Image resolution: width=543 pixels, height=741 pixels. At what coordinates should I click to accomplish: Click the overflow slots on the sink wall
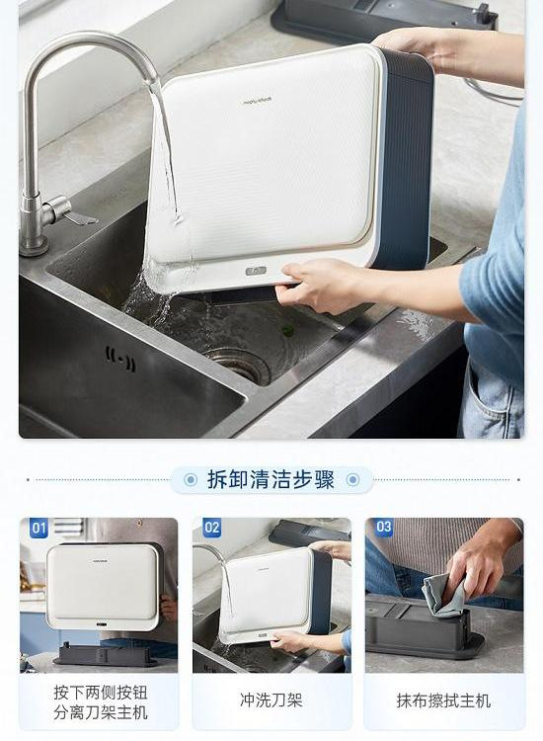[x=120, y=359]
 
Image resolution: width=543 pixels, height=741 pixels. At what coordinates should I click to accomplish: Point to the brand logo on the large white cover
[x=258, y=101]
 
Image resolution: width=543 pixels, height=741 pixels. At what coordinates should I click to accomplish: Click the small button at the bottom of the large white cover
[x=257, y=271]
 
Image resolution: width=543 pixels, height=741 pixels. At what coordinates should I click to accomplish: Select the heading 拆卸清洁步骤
[x=271, y=479]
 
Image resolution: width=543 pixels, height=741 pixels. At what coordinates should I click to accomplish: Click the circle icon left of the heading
[x=191, y=480]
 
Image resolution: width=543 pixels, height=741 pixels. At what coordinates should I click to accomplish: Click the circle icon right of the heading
[x=352, y=480]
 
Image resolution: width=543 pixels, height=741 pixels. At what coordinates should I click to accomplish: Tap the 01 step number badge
[x=39, y=528]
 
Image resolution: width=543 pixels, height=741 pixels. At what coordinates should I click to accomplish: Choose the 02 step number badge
[x=212, y=528]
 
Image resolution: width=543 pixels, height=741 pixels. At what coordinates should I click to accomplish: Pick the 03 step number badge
[x=384, y=527]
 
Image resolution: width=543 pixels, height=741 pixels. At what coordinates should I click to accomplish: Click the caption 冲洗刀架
[x=271, y=700]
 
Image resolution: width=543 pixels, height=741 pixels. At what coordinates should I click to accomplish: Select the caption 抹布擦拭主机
[x=444, y=700]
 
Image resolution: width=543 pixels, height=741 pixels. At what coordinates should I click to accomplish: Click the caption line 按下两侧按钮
[x=101, y=693]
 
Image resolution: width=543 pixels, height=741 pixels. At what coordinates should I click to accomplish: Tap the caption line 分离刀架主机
[x=101, y=712]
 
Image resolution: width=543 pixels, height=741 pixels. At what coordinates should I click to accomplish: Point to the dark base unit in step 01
[x=107, y=655]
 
